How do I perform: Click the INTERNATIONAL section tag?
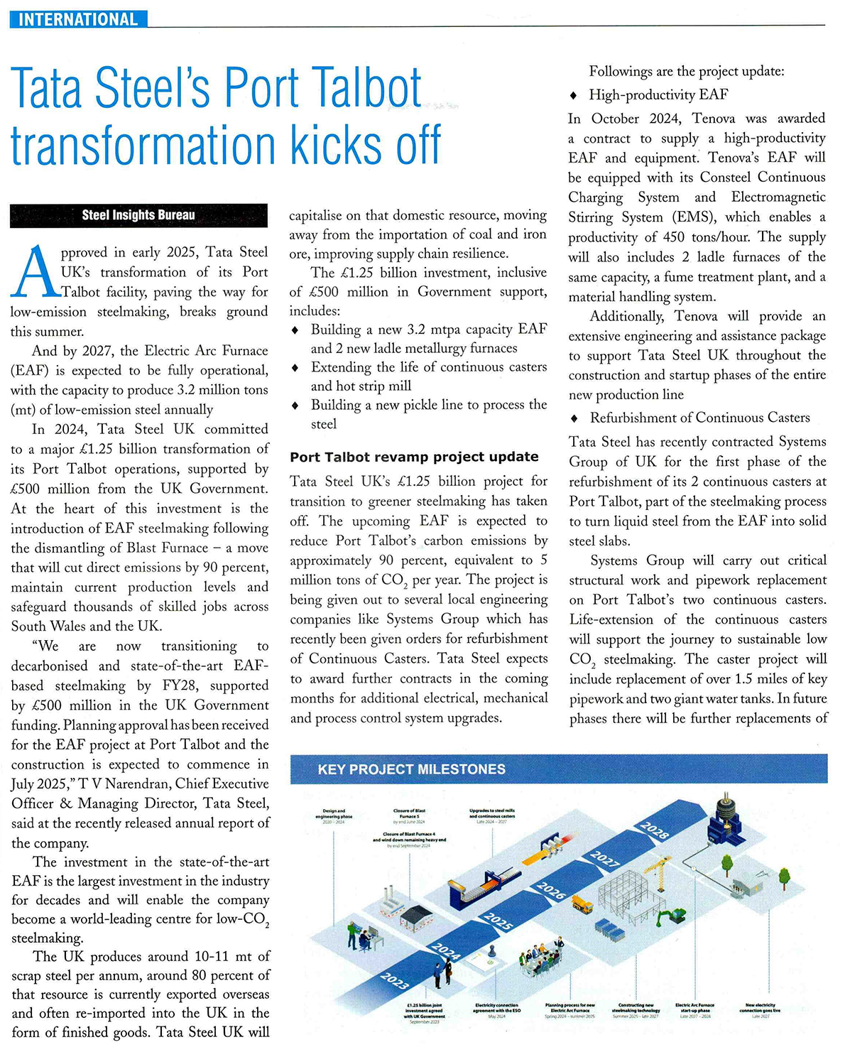[x=77, y=19]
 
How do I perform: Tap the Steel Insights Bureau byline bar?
[x=138, y=215]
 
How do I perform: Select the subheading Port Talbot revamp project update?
[x=414, y=457]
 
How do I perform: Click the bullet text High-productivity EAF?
[x=658, y=94]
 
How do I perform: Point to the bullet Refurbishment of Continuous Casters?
[x=699, y=418]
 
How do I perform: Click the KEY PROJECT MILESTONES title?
[x=412, y=769]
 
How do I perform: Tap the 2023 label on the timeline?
[x=394, y=981]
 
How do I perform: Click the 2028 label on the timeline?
[x=654, y=830]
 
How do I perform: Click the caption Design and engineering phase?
[x=333, y=815]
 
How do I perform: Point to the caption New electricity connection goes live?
[x=760, y=1009]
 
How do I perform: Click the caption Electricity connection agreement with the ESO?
[x=497, y=1009]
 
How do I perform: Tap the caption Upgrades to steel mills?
[x=491, y=813]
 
